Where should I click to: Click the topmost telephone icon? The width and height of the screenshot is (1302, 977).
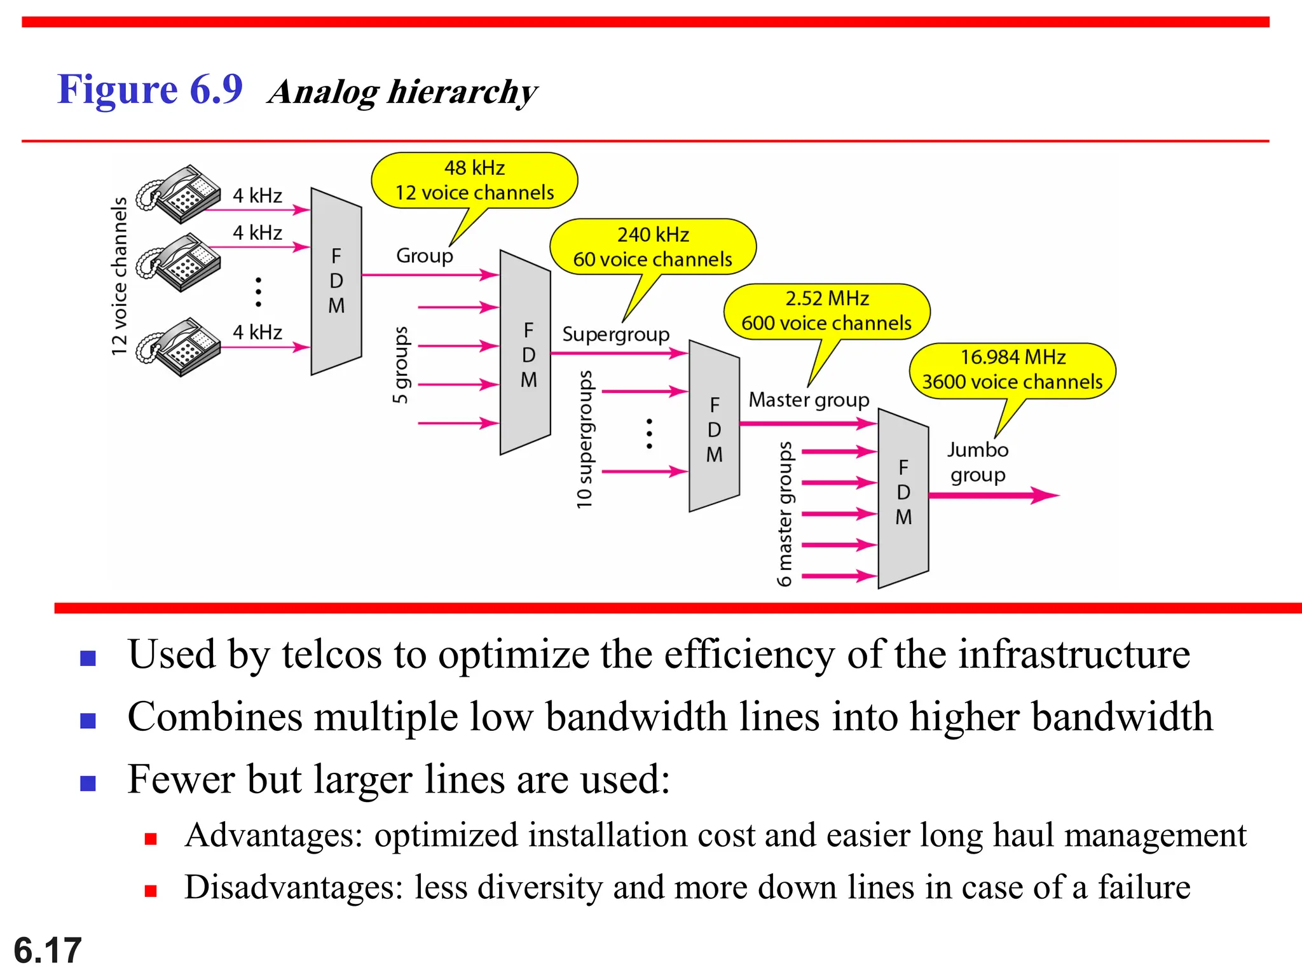click(179, 193)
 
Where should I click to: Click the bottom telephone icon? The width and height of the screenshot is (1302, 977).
click(179, 347)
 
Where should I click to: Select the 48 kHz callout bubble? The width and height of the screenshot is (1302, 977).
click(474, 181)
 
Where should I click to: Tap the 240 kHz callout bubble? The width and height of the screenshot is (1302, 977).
click(653, 247)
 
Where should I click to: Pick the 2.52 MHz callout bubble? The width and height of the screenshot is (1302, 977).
click(826, 311)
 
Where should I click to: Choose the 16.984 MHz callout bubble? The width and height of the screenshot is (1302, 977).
click(1012, 370)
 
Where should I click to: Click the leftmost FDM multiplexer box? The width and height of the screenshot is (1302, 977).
click(336, 281)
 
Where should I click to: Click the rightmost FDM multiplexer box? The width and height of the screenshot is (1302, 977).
click(903, 497)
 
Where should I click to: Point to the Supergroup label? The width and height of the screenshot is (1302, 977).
click(615, 335)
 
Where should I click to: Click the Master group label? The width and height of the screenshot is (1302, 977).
click(808, 400)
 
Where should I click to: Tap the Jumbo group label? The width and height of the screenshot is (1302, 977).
click(978, 462)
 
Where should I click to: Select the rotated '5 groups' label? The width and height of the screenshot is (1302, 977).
click(401, 365)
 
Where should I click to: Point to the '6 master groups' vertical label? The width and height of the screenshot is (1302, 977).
click(785, 514)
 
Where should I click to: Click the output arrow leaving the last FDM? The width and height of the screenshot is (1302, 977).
click(992, 495)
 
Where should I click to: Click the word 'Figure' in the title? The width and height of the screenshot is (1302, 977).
click(117, 90)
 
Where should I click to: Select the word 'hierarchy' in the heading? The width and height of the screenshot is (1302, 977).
click(462, 93)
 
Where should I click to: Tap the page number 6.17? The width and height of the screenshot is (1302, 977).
click(48, 950)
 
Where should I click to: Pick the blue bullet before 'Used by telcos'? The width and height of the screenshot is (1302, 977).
click(88, 658)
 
